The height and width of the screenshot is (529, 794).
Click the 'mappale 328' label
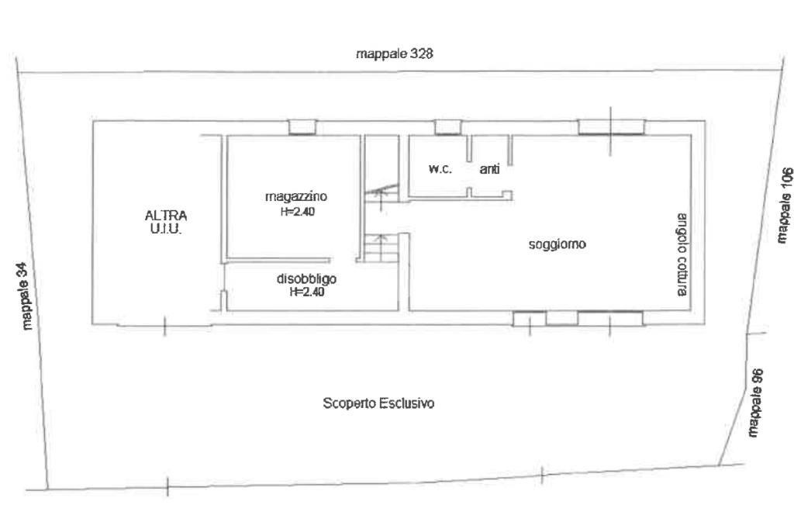[395, 54]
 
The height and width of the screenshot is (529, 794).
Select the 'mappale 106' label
[785, 205]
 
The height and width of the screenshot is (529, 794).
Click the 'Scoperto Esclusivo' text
[378, 403]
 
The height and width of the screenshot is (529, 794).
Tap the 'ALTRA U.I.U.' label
[166, 222]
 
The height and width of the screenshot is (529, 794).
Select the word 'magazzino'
[296, 196]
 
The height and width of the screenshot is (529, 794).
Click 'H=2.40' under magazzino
[298, 212]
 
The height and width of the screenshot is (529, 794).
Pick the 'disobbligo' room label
[306, 278]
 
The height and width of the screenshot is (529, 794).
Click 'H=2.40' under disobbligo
[307, 292]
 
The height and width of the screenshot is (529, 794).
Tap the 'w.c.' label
[440, 169]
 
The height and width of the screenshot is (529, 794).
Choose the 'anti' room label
[490, 169]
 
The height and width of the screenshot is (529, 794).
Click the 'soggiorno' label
[557, 245]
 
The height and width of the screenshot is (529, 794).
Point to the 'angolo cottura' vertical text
[682, 255]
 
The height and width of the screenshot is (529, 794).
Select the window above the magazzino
[302, 127]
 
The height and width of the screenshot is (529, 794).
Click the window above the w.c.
[448, 127]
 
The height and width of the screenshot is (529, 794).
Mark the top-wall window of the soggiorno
[612, 127]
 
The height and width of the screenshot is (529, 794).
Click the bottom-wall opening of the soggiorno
[578, 318]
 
